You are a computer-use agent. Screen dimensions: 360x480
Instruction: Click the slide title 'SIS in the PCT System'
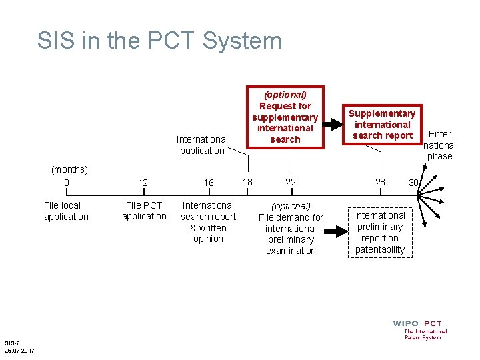click(159, 41)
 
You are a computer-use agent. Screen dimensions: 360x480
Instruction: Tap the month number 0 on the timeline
click(66, 183)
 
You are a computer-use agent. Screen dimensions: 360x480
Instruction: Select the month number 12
click(143, 183)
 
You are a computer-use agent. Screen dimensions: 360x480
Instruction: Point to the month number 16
click(209, 183)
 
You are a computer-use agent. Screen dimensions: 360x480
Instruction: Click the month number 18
click(247, 181)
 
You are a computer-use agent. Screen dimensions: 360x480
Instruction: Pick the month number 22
click(291, 182)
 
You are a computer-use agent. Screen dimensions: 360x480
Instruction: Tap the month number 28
click(380, 182)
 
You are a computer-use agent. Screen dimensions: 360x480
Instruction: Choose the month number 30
click(413, 183)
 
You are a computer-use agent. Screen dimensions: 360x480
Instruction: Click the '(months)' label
click(69, 170)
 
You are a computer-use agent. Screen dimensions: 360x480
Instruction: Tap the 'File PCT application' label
click(144, 211)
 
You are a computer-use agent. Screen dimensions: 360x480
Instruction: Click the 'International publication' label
click(202, 145)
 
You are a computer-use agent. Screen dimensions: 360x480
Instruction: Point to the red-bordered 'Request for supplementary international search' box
click(285, 117)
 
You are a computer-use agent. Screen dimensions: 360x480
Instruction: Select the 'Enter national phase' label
click(440, 145)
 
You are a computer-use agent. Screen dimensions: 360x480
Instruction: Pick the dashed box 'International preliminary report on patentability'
click(379, 232)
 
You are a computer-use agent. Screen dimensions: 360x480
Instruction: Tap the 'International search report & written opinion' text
click(208, 222)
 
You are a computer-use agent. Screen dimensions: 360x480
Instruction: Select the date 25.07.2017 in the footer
click(19, 351)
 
